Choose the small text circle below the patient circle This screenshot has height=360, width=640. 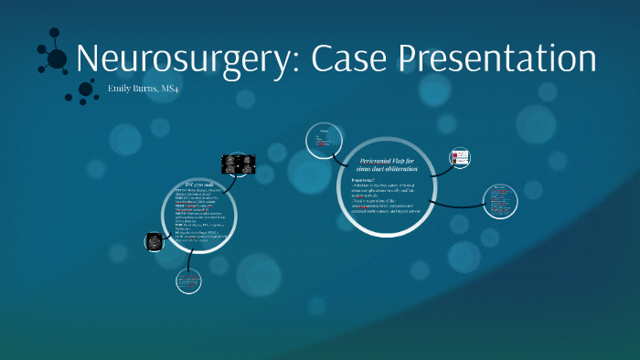pyautogui.click(x=189, y=281)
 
